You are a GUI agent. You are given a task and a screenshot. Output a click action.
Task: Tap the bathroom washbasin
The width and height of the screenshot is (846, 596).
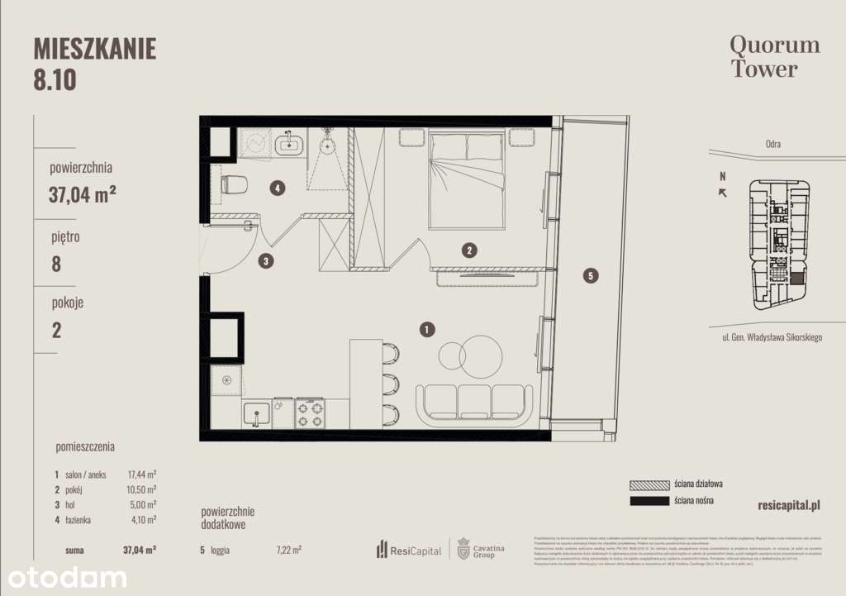point(290,145)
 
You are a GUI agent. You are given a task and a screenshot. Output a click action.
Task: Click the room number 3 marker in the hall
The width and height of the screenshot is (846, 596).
point(265,261)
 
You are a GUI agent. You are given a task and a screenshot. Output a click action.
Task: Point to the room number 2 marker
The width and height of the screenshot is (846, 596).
point(468,250)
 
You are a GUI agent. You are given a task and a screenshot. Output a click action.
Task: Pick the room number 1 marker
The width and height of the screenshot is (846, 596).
point(426,331)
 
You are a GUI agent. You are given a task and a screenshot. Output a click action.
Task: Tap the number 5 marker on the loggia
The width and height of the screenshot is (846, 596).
point(589,276)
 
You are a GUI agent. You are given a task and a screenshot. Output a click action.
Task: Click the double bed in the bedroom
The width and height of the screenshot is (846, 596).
point(467,180)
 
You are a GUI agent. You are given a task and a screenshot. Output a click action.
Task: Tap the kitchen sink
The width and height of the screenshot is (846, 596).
point(256,412)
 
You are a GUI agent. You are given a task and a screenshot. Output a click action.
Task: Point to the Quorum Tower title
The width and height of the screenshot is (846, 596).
point(774,56)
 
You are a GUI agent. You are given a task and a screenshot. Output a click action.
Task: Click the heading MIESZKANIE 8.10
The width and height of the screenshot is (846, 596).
point(94,63)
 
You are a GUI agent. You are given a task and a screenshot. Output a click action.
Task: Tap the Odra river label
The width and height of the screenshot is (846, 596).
point(772,144)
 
